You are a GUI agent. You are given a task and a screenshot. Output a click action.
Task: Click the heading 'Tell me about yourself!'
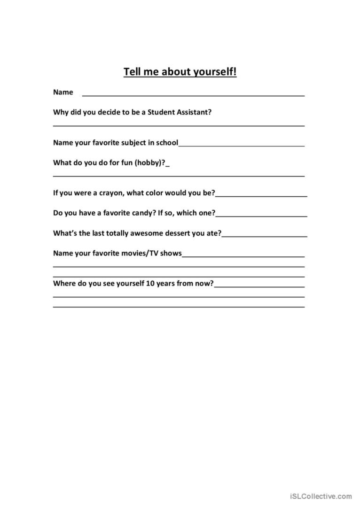click(180, 72)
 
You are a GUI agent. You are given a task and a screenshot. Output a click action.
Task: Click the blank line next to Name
click(193, 94)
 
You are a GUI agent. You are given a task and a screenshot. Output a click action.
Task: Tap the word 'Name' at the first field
click(63, 92)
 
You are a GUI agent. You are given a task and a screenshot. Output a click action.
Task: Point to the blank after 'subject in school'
click(241, 145)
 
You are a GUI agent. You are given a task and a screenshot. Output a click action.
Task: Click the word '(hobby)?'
click(151, 162)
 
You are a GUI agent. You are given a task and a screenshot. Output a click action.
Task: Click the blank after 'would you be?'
click(261, 194)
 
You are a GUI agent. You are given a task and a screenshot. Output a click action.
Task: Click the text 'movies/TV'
click(143, 253)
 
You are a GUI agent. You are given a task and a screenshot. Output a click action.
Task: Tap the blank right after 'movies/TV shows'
click(243, 255)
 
